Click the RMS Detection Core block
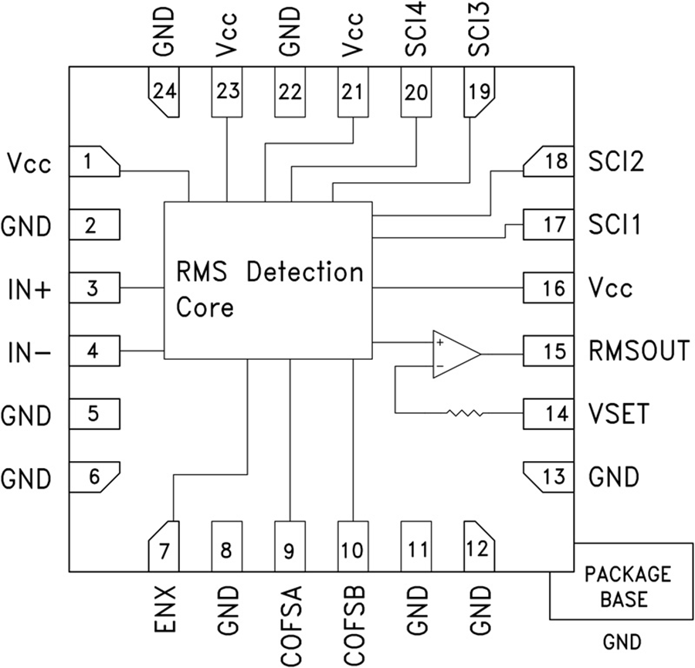(267, 281)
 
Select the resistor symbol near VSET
(466, 414)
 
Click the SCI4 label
(415, 32)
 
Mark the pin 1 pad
(94, 162)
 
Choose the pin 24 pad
(163, 93)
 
